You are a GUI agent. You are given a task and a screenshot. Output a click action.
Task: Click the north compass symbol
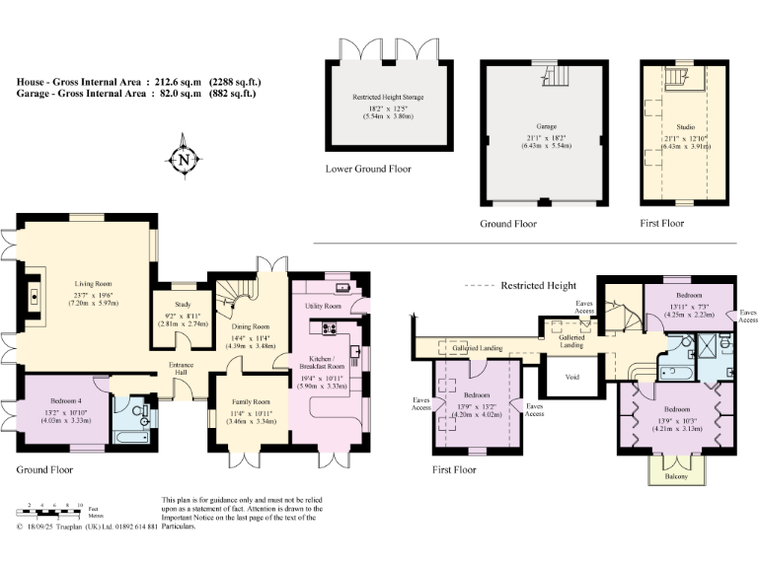point(183,160)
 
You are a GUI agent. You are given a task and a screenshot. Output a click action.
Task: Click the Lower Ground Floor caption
point(368,169)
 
